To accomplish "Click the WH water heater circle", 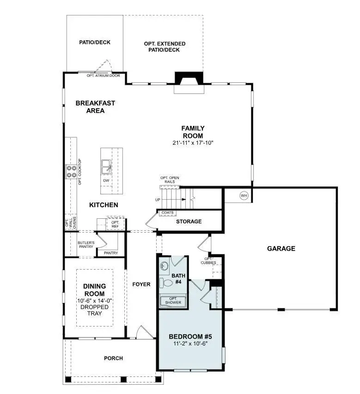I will tap(244, 196).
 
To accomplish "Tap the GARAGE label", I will tap(281, 248).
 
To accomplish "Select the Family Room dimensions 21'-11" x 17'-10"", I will tap(193, 143).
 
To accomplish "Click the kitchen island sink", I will tap(106, 165).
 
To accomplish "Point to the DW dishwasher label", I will tap(106, 180).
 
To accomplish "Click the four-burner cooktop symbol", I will tap(71, 172).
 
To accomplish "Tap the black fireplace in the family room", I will tap(189, 78).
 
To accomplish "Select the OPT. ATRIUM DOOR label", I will tap(103, 75).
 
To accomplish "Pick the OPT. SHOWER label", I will tap(173, 301).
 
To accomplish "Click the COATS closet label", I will tap(166, 213).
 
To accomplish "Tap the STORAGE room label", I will tap(189, 222).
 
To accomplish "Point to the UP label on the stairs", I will tap(158, 200).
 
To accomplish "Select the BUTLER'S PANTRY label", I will tap(86, 245).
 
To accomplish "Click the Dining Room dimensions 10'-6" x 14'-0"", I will tap(94, 301).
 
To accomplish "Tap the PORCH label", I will tap(113, 357).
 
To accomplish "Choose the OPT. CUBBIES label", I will tap(208, 261).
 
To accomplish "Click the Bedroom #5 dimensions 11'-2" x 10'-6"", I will tap(190, 344).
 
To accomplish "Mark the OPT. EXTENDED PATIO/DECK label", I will tap(165, 47).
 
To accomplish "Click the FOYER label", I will tap(141, 284).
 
